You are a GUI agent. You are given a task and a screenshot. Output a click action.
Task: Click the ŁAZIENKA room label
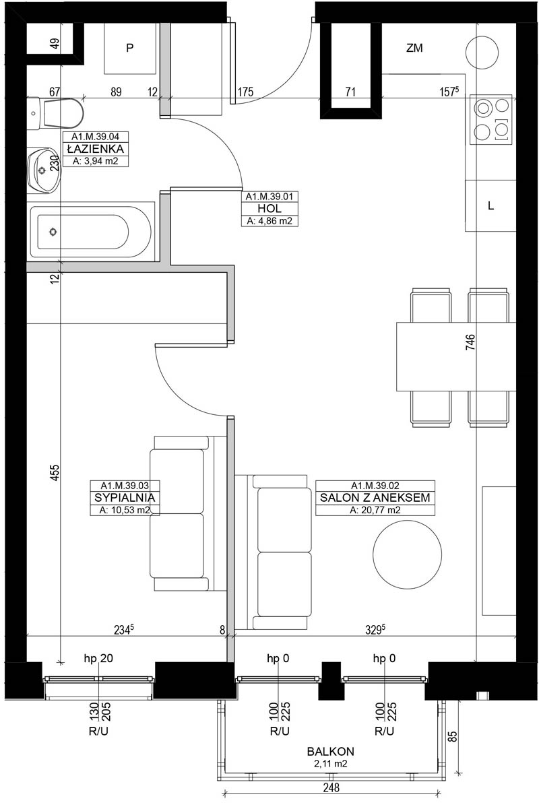(96, 149)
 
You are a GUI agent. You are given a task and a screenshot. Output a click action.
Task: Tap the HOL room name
(269, 208)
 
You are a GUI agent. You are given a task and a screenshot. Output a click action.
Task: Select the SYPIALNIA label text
(125, 498)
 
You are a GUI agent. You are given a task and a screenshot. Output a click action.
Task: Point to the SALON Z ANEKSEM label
(375, 498)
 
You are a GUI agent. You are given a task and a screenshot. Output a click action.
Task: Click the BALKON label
(331, 752)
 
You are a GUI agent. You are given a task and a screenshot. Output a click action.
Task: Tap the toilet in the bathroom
(55, 113)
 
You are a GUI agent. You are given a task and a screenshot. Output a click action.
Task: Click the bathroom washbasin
(44, 170)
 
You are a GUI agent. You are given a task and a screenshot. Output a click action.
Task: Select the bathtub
(91, 232)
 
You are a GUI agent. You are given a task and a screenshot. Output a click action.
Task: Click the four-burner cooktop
(491, 119)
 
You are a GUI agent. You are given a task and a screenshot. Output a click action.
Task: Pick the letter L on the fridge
(490, 206)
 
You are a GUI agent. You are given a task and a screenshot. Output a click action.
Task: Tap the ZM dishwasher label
(414, 48)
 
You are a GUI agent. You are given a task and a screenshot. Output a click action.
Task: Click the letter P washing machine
(129, 48)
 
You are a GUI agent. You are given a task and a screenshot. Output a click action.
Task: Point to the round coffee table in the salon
(407, 555)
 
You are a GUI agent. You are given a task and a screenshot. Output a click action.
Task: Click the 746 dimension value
(471, 342)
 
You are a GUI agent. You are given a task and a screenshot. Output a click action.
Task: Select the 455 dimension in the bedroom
(55, 473)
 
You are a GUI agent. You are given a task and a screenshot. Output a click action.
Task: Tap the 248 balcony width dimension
(331, 787)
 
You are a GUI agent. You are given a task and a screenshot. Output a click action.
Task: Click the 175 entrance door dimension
(245, 92)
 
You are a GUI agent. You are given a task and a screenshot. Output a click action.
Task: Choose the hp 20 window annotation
(98, 658)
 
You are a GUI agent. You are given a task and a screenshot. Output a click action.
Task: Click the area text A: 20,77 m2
(375, 510)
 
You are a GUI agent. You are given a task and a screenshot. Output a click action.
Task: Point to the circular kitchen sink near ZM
(482, 53)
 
